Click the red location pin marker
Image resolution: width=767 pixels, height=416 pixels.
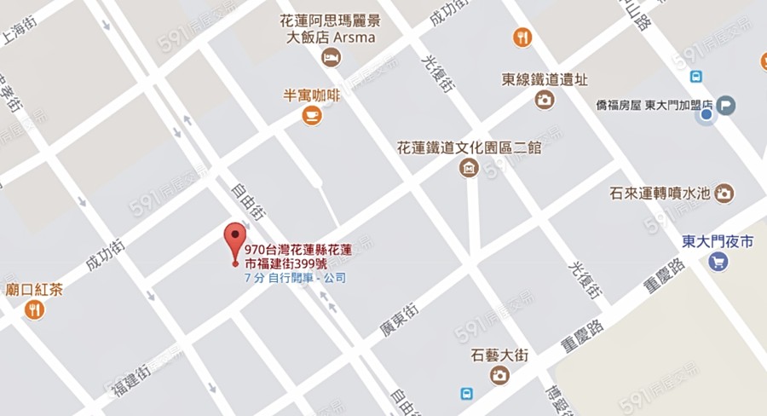point(235,239)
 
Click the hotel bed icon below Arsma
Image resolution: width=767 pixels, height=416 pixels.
point(330,58)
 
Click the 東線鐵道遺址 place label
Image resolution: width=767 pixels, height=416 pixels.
point(545,79)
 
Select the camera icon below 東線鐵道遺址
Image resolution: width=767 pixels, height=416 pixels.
point(545,100)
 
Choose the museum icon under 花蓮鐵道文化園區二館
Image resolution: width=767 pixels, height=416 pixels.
point(469,168)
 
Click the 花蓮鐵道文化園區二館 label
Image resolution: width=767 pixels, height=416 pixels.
point(470,147)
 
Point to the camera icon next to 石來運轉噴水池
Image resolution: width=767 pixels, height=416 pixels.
point(724,193)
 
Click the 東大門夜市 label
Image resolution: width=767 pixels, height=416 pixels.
point(718,242)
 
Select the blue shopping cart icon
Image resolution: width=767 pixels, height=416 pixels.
point(718,262)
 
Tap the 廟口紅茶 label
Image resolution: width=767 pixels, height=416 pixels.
point(34,290)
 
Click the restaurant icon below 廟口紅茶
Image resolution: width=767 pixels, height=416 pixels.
point(35,309)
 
